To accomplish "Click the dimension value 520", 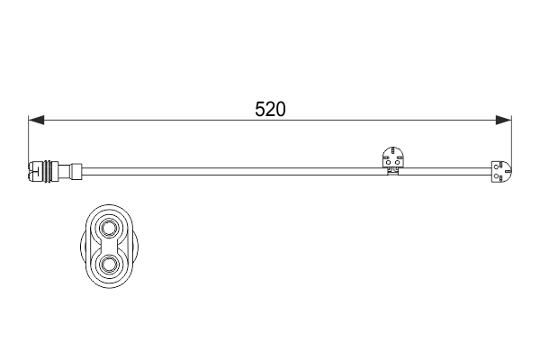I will (270, 110).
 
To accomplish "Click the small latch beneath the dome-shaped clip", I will (393, 172).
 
